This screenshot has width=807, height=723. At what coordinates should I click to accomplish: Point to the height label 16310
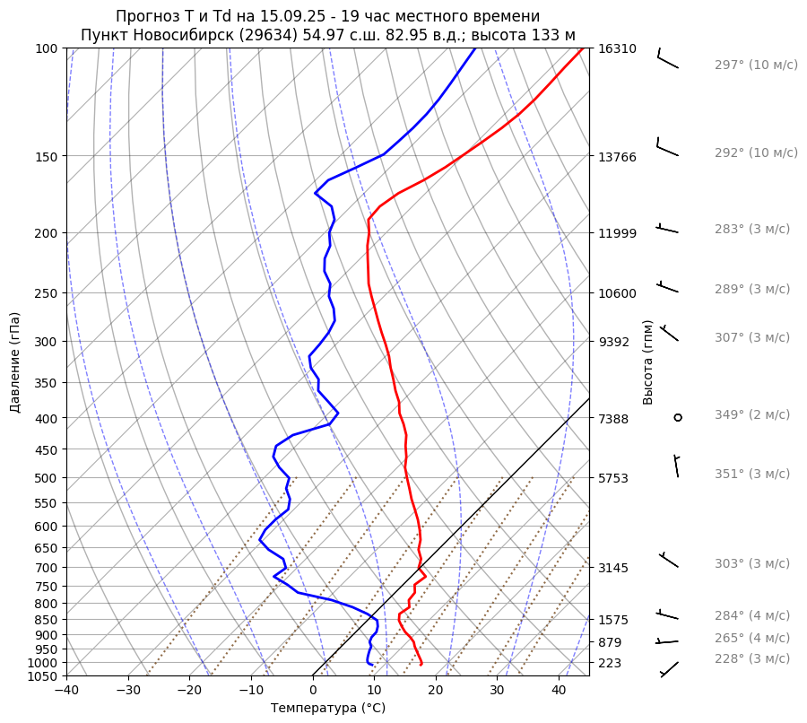coord(617,48)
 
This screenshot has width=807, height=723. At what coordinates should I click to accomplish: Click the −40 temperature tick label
coord(66,691)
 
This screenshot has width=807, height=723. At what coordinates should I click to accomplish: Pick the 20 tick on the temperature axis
coord(436,691)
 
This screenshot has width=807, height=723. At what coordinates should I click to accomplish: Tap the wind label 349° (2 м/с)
coord(751,414)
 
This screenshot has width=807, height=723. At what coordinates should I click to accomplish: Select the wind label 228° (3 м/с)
coord(751,658)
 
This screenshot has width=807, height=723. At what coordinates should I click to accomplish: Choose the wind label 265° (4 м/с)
coord(751,638)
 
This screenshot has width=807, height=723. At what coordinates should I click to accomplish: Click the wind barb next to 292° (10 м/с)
coord(667,147)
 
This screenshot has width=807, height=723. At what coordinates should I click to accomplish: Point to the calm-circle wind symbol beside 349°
coord(678,417)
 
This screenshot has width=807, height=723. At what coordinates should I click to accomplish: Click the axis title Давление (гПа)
coord(15,362)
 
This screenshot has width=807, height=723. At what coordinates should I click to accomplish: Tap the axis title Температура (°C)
coord(327,709)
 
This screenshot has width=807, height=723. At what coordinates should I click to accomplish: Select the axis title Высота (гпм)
coord(647,362)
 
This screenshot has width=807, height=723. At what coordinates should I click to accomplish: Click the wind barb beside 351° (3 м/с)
coord(677,466)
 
